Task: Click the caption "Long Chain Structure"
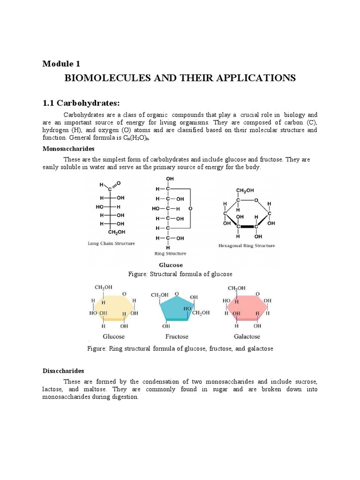[112, 243]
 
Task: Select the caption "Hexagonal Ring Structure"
[247, 245]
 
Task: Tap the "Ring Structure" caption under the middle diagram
[170, 254]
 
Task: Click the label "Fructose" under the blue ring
[177, 336]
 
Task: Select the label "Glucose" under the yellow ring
[113, 336]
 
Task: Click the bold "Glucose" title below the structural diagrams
[171, 265]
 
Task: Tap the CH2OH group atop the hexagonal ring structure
[245, 190]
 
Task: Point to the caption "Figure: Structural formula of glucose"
[180, 274]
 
